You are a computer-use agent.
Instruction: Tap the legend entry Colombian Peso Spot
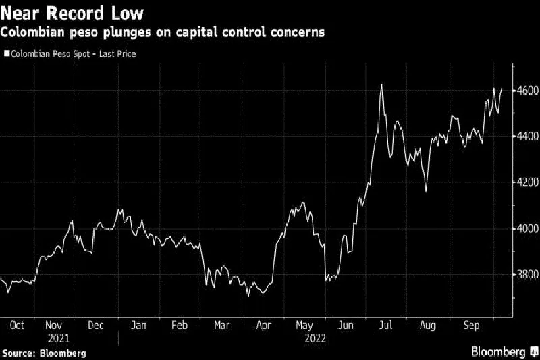pos(70,53)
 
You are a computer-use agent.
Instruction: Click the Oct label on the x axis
pos(17,326)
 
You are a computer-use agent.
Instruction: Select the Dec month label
pos(97,326)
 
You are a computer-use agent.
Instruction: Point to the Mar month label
pos(221,326)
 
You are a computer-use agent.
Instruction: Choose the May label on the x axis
pos(304,326)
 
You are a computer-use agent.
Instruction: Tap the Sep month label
pos(470,326)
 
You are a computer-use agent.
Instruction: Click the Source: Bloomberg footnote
pos(45,353)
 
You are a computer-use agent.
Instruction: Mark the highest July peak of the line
pos(381,85)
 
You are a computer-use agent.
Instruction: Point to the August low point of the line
pos(426,192)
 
